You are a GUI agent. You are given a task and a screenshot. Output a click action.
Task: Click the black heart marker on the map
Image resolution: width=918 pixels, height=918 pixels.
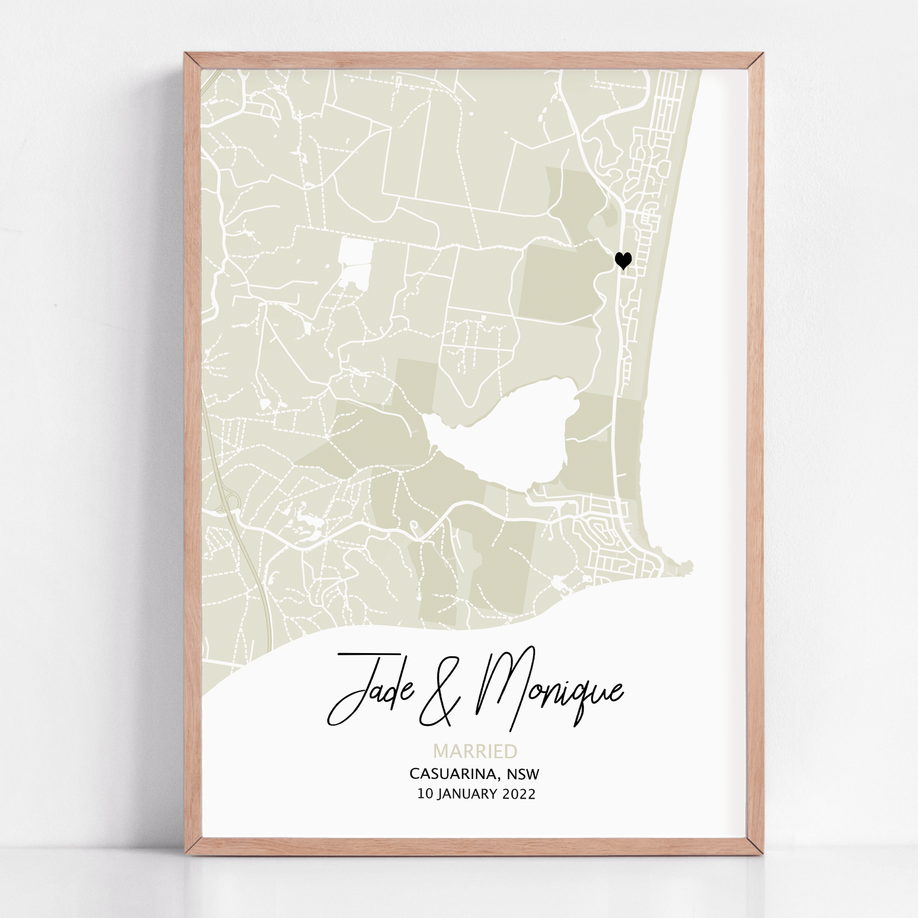tap(623, 260)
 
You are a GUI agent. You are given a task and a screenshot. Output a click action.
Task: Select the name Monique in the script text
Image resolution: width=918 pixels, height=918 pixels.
tap(546, 689)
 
